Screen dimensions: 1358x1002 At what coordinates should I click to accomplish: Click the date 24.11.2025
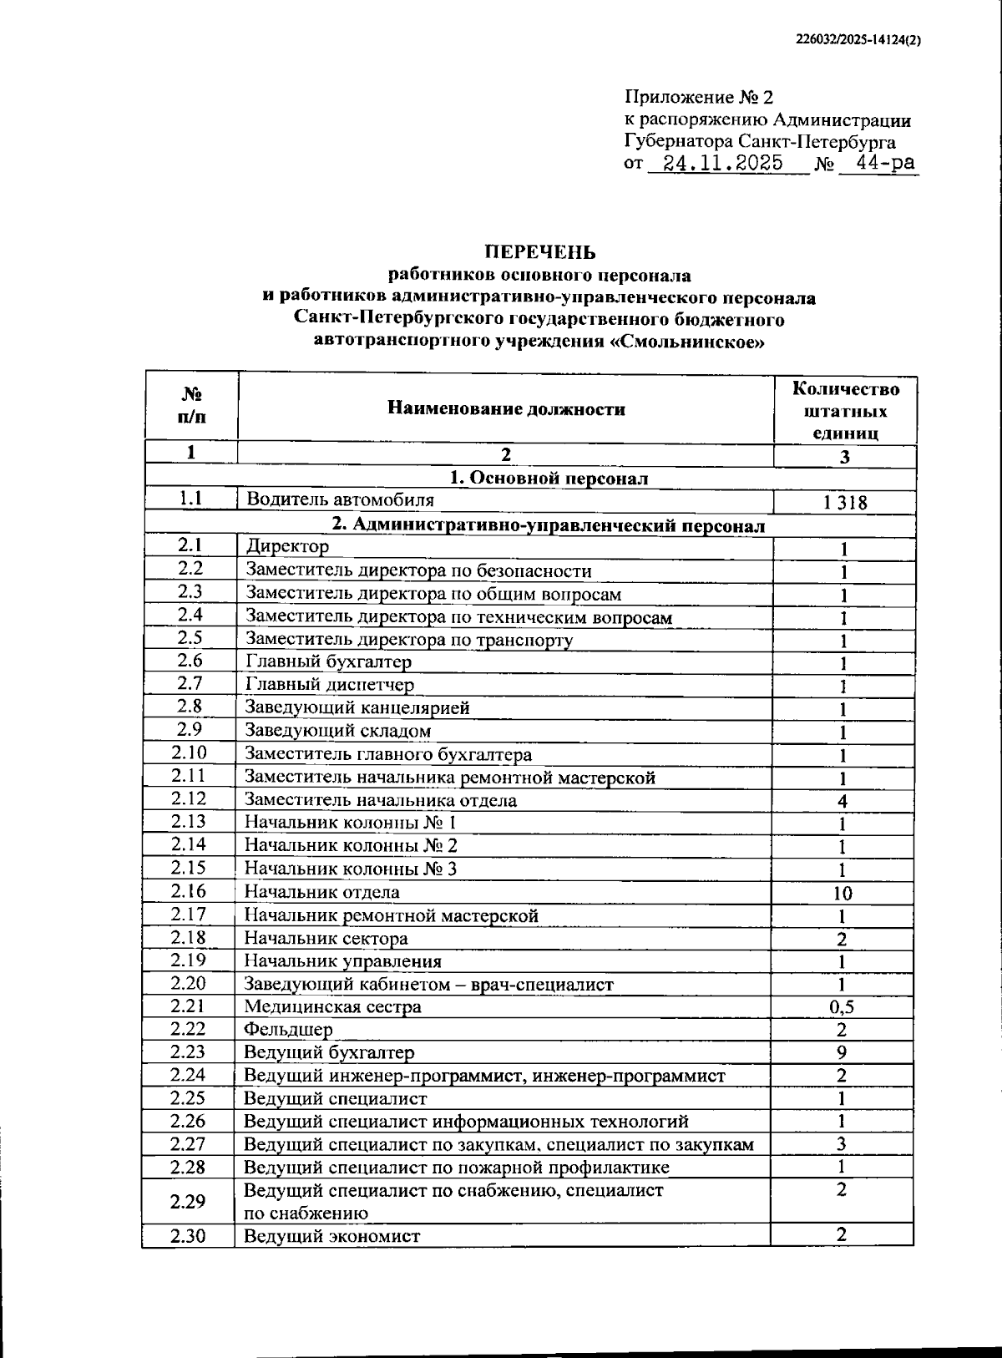point(722,163)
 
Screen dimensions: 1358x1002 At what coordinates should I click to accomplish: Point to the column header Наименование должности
point(506,408)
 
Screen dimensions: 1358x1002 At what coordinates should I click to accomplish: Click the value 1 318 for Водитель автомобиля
point(844,503)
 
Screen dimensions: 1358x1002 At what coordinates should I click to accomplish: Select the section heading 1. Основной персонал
point(549,478)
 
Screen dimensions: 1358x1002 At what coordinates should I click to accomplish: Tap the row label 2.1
point(190,545)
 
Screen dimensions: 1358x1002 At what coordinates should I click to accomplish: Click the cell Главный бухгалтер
point(328,662)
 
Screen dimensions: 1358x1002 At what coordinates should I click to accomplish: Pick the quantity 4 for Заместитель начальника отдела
point(843,802)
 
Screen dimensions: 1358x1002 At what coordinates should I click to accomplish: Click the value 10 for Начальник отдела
point(843,894)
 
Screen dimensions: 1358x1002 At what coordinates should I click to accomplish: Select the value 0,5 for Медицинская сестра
point(842,1007)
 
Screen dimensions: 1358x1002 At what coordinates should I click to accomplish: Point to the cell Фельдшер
point(288,1030)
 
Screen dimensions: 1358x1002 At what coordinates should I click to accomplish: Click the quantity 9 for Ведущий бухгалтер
point(842,1052)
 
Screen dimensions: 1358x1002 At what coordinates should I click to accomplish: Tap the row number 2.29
point(188,1202)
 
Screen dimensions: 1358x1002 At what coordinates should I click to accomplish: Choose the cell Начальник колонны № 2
point(351,845)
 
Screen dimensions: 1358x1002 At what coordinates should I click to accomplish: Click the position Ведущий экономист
point(331,1236)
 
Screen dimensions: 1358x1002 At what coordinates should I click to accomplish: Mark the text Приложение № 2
point(699,98)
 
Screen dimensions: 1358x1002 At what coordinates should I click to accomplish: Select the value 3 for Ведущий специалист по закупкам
point(842,1144)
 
